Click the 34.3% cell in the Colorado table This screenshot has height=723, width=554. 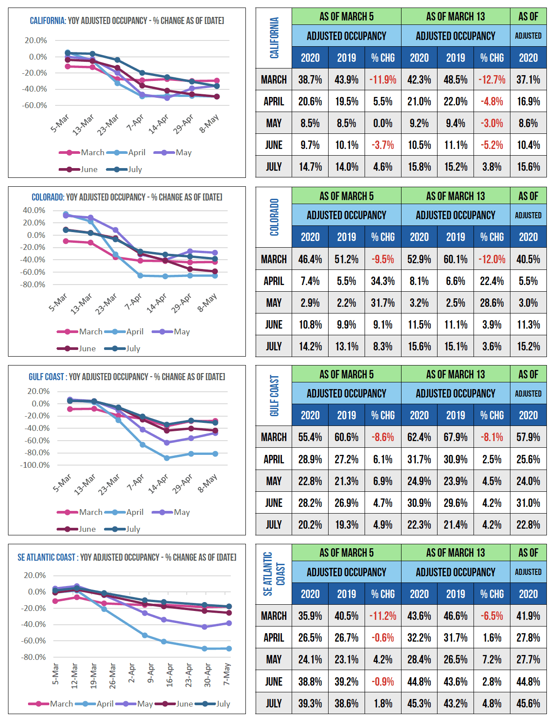point(383,281)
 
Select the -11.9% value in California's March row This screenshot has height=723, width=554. point(383,80)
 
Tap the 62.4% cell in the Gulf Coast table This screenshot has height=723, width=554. point(419,437)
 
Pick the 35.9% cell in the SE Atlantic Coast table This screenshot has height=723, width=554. point(310,616)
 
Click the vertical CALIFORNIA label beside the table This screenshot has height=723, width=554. point(274,38)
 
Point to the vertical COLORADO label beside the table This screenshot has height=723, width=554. point(274,217)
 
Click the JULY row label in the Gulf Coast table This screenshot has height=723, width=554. point(274,525)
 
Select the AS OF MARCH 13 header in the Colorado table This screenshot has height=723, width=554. point(455,196)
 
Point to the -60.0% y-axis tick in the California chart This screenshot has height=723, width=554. point(36,105)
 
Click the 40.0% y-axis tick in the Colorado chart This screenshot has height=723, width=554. point(34,210)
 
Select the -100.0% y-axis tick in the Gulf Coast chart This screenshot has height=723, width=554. point(35,465)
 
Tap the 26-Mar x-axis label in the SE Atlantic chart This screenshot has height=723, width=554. point(112,676)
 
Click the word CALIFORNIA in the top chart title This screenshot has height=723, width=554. point(48,21)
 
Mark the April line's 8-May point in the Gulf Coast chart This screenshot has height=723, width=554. point(215,454)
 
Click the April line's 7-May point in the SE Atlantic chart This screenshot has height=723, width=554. point(229,649)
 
